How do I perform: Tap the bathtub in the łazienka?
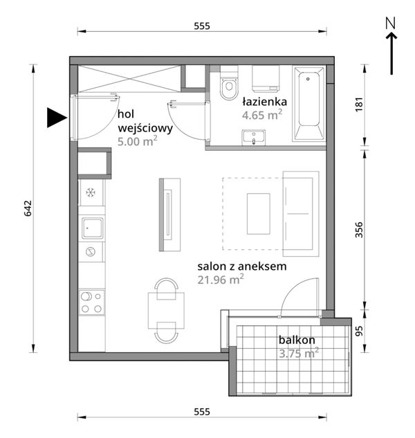(308, 103)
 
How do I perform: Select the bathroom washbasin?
(253, 138)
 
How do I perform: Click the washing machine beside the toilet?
(266, 79)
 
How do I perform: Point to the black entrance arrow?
(57, 118)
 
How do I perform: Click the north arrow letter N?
(391, 23)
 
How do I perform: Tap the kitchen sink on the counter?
(92, 228)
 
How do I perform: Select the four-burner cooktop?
(91, 303)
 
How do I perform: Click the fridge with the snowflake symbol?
(91, 193)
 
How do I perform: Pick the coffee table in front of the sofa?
(258, 214)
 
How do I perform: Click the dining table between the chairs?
(166, 311)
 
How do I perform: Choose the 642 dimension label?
(28, 208)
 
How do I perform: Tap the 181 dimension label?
(359, 104)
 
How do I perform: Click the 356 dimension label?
(359, 230)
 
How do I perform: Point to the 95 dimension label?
(360, 331)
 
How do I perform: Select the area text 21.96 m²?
(221, 280)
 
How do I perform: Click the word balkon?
(297, 340)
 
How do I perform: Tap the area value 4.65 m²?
(262, 115)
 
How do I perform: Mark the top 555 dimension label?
(202, 26)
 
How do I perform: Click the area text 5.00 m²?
(138, 141)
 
